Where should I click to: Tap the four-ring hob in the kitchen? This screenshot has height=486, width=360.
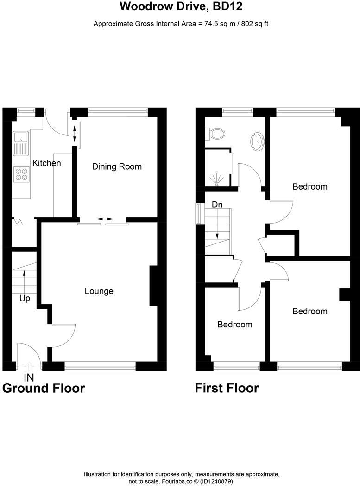(x=21, y=173)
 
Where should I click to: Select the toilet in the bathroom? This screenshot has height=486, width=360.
(x=216, y=134)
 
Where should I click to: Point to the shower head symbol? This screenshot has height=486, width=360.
(x=217, y=179)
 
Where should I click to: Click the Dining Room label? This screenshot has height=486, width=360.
(x=117, y=166)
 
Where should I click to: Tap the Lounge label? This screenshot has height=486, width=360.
(x=99, y=291)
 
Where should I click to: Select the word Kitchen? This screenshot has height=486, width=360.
(x=46, y=163)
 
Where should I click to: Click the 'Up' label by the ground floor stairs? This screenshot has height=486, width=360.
(x=25, y=298)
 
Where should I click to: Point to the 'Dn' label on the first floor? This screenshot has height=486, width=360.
(x=217, y=204)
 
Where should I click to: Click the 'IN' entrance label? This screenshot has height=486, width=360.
(x=29, y=378)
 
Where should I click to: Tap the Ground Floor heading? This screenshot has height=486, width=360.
(x=44, y=388)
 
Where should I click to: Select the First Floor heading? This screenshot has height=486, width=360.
(x=227, y=388)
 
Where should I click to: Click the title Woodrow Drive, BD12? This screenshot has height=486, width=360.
(x=181, y=6)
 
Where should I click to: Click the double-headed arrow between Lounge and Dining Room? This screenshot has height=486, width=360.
(x=104, y=219)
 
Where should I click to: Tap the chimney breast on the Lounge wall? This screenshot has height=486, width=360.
(x=154, y=286)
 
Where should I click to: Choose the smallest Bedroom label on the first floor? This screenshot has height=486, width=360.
(x=235, y=325)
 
